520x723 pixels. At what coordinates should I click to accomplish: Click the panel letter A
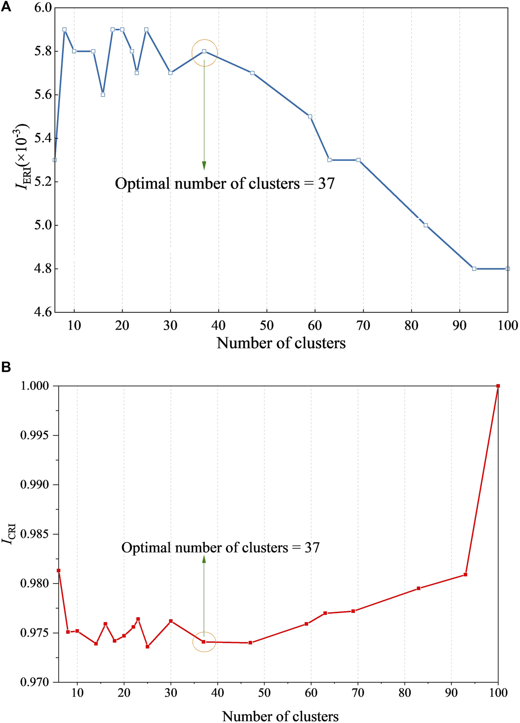(x=6, y=7)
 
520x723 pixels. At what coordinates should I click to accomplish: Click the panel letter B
(x=6, y=367)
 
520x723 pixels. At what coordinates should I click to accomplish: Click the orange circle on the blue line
(x=205, y=53)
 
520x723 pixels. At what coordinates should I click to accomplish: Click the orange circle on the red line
(x=204, y=642)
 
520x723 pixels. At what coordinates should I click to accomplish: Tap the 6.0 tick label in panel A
(x=43, y=8)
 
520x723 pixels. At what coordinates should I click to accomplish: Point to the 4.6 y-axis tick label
(x=43, y=312)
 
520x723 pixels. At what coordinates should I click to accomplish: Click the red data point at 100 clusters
(x=498, y=386)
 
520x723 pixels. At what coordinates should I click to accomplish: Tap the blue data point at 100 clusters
(x=508, y=269)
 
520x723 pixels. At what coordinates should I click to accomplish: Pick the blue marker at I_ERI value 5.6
(x=103, y=95)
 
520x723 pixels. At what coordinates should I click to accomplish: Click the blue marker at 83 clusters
(x=426, y=225)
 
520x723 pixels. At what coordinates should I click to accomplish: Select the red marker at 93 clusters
(x=466, y=575)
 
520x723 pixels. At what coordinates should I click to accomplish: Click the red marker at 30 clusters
(x=171, y=621)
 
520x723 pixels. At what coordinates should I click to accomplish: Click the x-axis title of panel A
(x=281, y=343)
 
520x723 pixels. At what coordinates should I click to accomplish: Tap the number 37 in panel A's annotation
(x=326, y=184)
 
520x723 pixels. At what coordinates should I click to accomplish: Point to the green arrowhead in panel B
(x=204, y=559)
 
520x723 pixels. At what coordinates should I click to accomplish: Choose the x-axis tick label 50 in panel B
(x=264, y=693)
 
